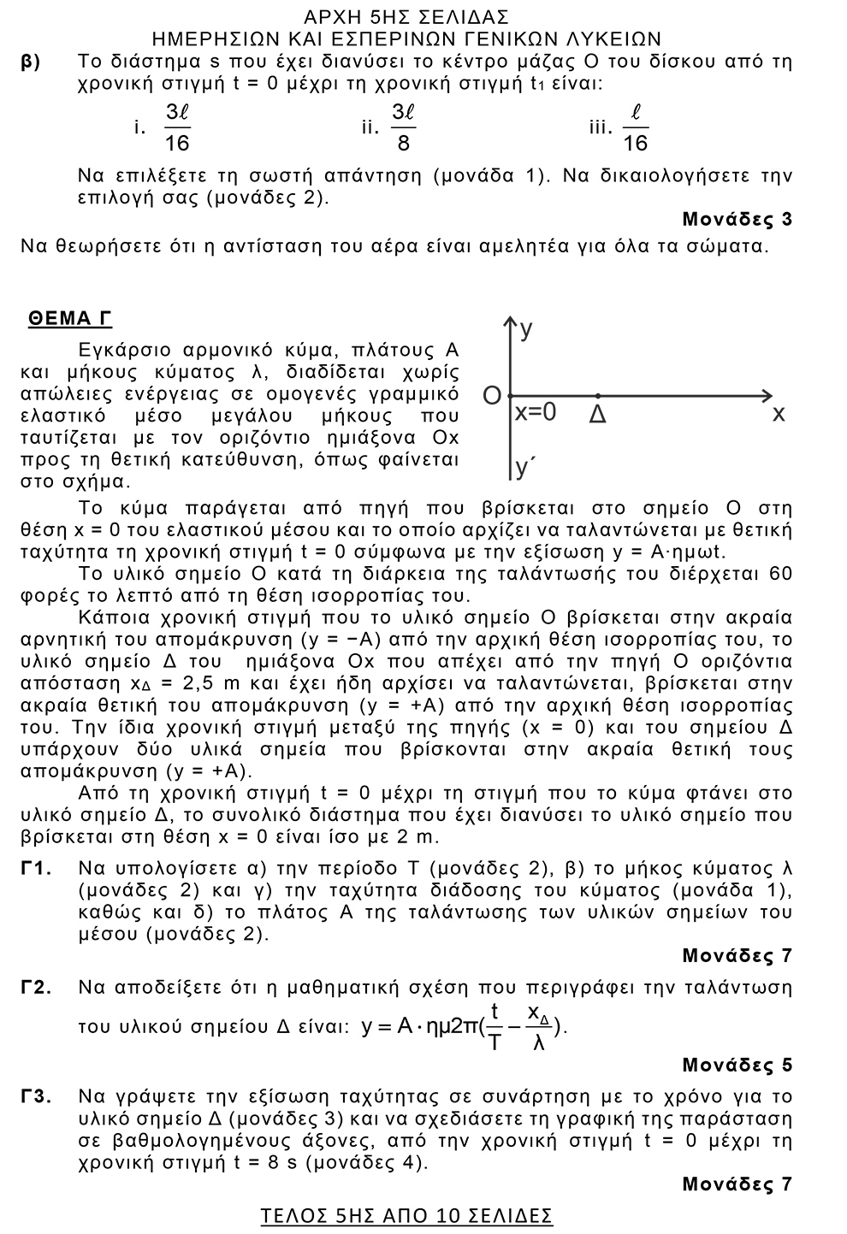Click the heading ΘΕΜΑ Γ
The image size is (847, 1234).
pyautogui.click(x=70, y=319)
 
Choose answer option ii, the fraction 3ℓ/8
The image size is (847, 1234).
pyautogui.click(x=403, y=127)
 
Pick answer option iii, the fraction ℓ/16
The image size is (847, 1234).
pyautogui.click(x=636, y=127)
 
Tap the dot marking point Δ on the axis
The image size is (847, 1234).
pyautogui.click(x=597, y=396)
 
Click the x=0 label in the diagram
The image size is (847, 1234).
pyautogui.click(x=536, y=412)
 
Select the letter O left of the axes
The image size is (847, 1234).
pyautogui.click(x=491, y=396)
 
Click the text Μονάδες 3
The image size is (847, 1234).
pyautogui.click(x=737, y=220)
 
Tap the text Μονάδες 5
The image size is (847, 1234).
pyautogui.click(x=737, y=1066)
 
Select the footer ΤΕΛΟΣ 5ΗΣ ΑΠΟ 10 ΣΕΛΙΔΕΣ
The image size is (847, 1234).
pyautogui.click(x=406, y=1215)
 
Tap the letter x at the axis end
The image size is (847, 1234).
pyautogui.click(x=778, y=414)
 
